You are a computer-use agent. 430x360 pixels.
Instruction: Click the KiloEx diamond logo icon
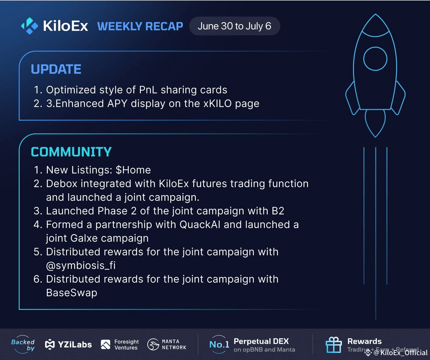coord(30,26)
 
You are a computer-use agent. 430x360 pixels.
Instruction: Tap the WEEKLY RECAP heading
coord(140,26)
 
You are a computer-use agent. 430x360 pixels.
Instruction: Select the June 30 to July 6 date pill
coord(234,26)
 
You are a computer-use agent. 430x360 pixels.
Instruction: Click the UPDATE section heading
coord(56,69)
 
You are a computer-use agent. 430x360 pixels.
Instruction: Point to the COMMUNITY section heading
coord(71,152)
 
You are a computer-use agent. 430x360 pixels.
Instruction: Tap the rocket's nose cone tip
coord(376,14)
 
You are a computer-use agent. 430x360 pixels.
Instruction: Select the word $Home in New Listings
coord(133,170)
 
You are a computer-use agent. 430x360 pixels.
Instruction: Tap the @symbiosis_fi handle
coord(81,265)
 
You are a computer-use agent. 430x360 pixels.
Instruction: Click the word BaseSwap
coord(72,293)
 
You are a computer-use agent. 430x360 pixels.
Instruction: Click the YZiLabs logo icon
coord(50,344)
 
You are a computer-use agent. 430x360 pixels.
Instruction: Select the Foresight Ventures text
coord(127,345)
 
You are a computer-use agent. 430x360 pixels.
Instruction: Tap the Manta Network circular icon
coord(153,344)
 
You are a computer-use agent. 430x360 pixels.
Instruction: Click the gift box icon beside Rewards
coord(333,345)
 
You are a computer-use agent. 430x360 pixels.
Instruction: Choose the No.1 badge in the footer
coord(219,344)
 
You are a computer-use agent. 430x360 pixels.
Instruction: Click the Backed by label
coord(23,345)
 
